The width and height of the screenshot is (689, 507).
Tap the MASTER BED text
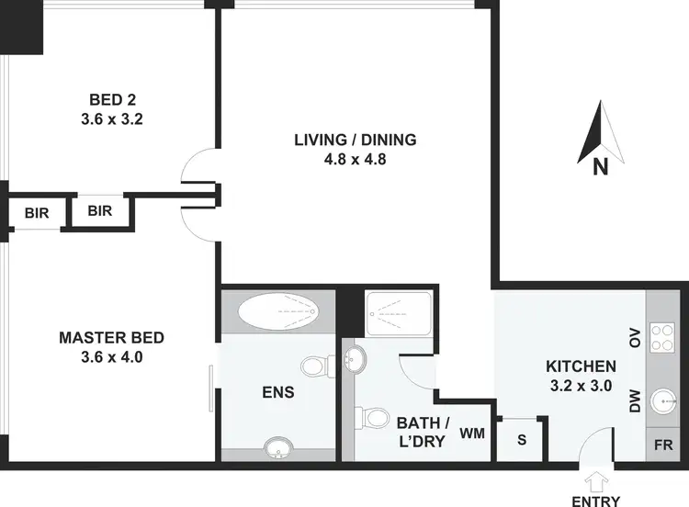pyautogui.click(x=111, y=338)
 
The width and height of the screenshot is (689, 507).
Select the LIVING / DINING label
pyautogui.click(x=355, y=141)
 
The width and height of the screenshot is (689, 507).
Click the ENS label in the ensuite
pyautogui.click(x=277, y=393)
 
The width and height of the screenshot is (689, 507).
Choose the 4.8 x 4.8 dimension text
pyautogui.click(x=355, y=159)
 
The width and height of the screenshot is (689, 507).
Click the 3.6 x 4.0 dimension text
pyautogui.click(x=111, y=357)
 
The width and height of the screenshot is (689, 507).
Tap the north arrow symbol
pyautogui.click(x=599, y=138)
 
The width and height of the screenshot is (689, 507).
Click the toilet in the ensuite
pyautogui.click(x=317, y=367)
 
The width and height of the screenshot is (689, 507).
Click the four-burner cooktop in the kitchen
pyautogui.click(x=662, y=339)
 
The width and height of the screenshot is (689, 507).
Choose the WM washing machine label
pyautogui.click(x=471, y=432)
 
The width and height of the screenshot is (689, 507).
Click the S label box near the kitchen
pyautogui.click(x=522, y=438)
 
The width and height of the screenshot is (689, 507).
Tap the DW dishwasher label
pyautogui.click(x=634, y=401)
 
